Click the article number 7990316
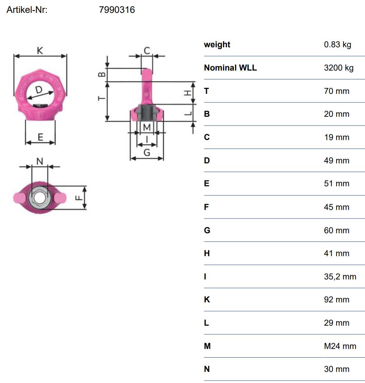117,10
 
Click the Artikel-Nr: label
27,10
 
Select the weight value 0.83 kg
338,45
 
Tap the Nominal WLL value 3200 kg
339,68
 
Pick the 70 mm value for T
337,91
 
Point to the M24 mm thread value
340,346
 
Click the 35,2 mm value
340,277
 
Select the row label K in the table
207,300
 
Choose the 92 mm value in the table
337,300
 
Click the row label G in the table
207,230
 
